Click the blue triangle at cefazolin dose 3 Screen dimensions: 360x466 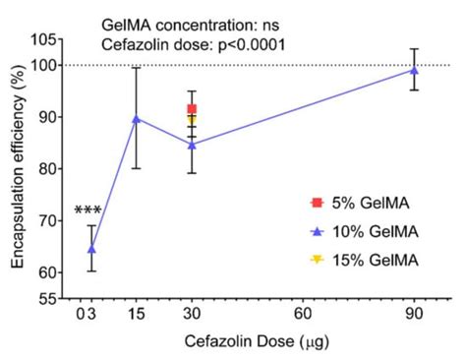91,249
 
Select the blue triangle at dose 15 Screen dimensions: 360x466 137,118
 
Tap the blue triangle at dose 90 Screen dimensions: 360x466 414,70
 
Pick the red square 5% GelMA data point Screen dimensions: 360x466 192,109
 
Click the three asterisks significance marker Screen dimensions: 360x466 87,211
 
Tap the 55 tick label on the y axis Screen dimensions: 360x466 44,298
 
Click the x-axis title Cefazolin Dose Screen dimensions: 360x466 245,340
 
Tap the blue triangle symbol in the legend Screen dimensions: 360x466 315,232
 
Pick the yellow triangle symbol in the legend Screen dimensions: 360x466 315,260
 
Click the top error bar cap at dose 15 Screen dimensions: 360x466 137,67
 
